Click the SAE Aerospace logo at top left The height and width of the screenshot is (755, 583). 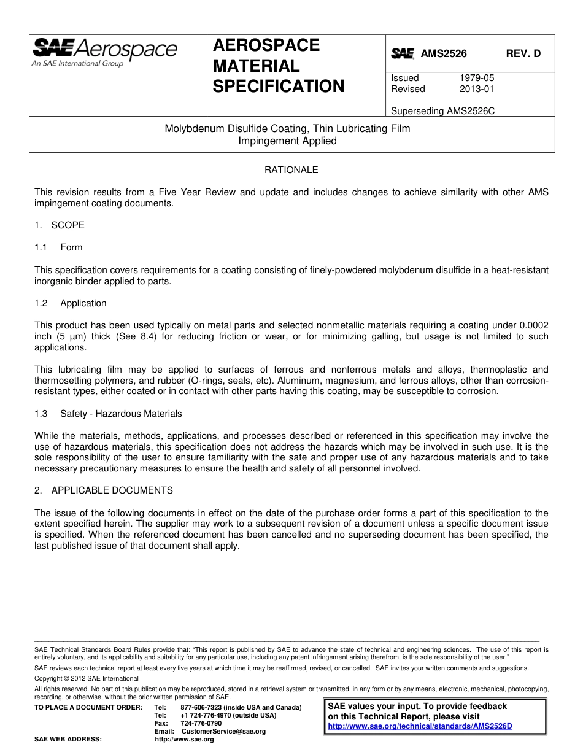pyautogui.click(x=104, y=52)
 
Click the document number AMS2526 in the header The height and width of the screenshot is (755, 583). pyautogui.click(x=443, y=54)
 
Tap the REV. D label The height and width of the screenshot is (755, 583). pyautogui.click(x=523, y=54)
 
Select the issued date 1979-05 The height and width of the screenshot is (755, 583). pyautogui.click(x=476, y=78)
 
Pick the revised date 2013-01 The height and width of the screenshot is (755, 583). pyautogui.click(x=476, y=89)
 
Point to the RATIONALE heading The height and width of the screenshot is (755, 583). pyautogui.click(x=291, y=170)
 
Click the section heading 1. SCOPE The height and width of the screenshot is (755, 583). pyautogui.click(x=60, y=225)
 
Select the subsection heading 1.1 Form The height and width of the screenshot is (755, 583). pyautogui.click(x=59, y=247)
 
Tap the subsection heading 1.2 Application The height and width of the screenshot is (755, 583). pyautogui.click(x=71, y=303)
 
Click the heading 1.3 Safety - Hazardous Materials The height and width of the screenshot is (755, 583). pyautogui.click(x=108, y=414)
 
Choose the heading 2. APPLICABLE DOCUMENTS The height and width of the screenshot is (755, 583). pyautogui.click(x=104, y=490)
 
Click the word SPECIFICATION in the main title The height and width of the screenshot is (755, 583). pyautogui.click(x=279, y=87)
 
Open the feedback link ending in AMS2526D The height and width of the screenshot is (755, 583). pyautogui.click(x=420, y=726)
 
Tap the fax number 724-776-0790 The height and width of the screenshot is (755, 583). pyautogui.click(x=201, y=723)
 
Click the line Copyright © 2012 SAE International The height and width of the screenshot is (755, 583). pyautogui.click(x=87, y=678)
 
